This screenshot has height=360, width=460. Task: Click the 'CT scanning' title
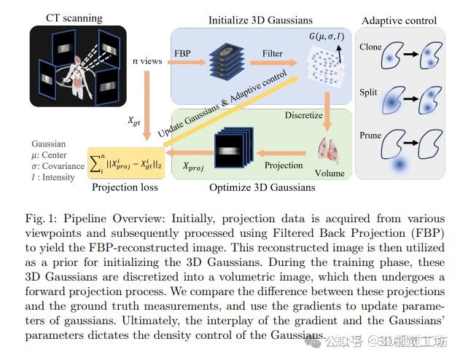[74, 18]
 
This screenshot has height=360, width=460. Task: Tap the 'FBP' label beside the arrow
[182, 53]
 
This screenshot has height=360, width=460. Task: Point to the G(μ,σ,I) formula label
[327, 36]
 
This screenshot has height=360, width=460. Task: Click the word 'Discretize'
[304, 115]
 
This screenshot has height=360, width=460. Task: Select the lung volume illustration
[329, 151]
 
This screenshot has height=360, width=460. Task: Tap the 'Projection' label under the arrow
[284, 165]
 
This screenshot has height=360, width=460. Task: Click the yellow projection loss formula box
[126, 163]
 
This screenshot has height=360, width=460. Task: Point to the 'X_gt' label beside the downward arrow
[134, 121]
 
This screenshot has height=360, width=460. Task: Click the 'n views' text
[147, 61]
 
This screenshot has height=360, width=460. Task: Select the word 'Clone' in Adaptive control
[370, 47]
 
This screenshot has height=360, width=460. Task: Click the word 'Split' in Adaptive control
[368, 93]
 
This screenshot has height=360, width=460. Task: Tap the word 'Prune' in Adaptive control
[370, 136]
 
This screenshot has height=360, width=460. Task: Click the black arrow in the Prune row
[410, 143]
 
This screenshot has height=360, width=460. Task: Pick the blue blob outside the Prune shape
[400, 164]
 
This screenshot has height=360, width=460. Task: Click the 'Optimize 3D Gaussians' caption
[262, 187]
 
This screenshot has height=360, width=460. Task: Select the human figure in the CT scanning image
[77, 77]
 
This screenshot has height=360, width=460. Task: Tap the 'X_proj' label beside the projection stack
[193, 166]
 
